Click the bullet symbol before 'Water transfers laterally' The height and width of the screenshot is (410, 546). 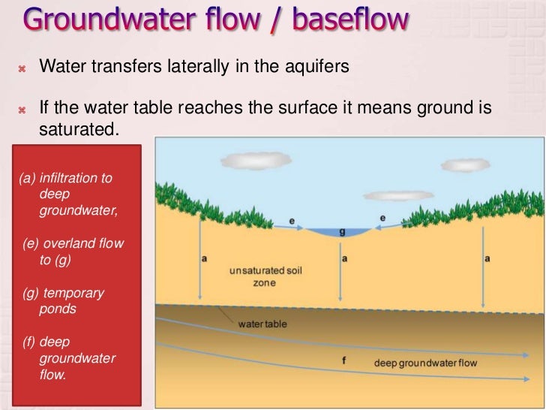(22, 68)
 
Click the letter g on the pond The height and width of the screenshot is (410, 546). (342, 232)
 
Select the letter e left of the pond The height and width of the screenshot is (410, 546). (292, 222)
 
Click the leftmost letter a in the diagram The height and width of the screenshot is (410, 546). (204, 258)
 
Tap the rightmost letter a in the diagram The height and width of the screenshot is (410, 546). (487, 258)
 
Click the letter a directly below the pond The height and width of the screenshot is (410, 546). (343, 258)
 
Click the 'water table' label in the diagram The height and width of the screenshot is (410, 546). (262, 324)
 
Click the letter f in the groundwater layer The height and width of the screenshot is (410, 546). (343, 360)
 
